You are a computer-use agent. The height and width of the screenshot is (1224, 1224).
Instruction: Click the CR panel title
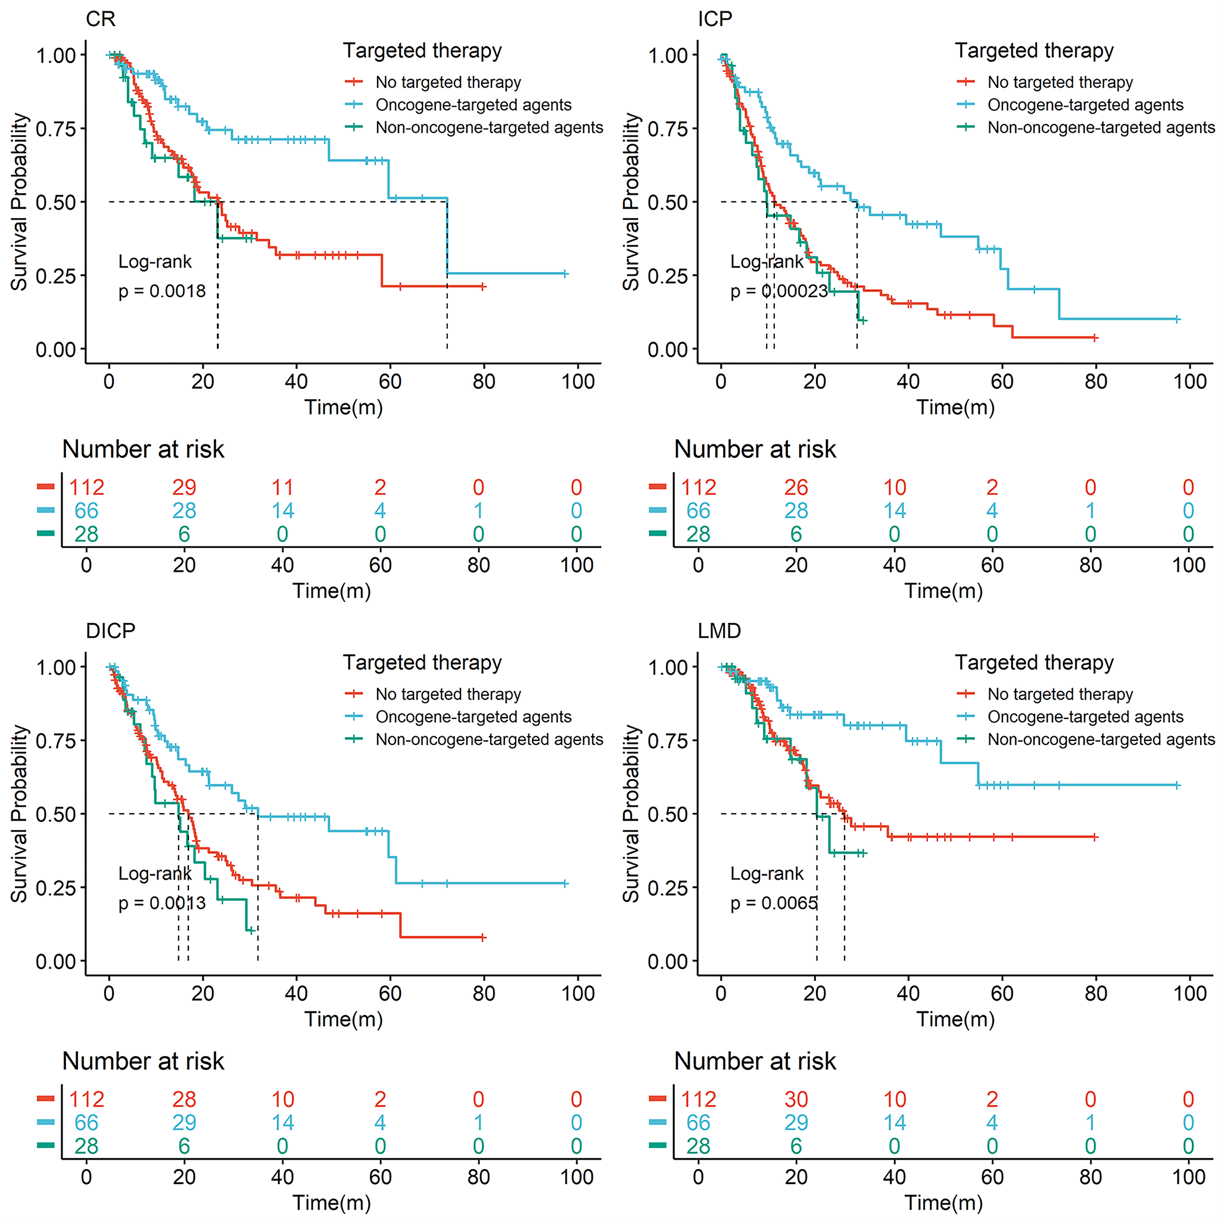click(x=100, y=19)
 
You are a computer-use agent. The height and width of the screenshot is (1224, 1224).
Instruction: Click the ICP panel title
click(x=715, y=19)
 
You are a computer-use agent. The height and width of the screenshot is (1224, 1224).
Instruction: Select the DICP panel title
click(x=110, y=631)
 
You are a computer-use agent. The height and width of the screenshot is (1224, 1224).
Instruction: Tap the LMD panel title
click(x=719, y=631)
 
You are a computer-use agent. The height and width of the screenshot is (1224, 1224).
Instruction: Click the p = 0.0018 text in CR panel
click(x=162, y=291)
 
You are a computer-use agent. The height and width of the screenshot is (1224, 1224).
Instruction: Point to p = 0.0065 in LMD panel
click(x=774, y=903)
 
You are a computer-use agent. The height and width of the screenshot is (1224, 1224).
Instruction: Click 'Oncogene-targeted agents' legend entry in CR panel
click(x=474, y=105)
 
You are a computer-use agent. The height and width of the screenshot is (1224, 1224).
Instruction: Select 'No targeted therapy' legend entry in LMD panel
click(x=1060, y=694)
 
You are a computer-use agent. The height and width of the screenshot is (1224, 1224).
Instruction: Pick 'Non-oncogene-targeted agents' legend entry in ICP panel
click(x=1101, y=127)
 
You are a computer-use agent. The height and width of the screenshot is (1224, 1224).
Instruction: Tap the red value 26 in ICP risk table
click(x=796, y=487)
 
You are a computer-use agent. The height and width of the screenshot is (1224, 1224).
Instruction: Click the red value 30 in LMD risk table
click(x=796, y=1099)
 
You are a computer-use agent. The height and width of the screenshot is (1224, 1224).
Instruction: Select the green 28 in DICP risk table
click(x=86, y=1146)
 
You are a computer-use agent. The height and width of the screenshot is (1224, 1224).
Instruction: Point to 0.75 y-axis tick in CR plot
click(x=56, y=129)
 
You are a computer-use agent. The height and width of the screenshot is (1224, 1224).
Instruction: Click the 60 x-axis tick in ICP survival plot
click(x=1002, y=381)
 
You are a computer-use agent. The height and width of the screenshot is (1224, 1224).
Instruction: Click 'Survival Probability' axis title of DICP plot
click(x=19, y=814)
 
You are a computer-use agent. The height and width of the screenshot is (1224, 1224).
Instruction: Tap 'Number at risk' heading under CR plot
click(x=143, y=449)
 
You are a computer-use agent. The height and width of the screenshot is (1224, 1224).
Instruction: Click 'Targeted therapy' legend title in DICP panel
click(x=422, y=663)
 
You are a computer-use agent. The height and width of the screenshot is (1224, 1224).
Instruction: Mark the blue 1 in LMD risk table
click(x=1091, y=1123)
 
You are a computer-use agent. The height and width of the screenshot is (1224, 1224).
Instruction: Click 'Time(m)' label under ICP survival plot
click(x=955, y=407)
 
